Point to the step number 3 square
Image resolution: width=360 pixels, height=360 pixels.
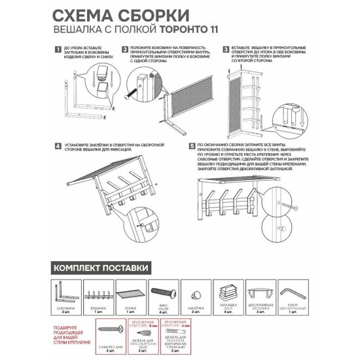[225, 49]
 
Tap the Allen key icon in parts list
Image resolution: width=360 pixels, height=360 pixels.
[292, 290]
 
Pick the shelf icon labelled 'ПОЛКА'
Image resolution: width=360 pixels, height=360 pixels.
[129, 291]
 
